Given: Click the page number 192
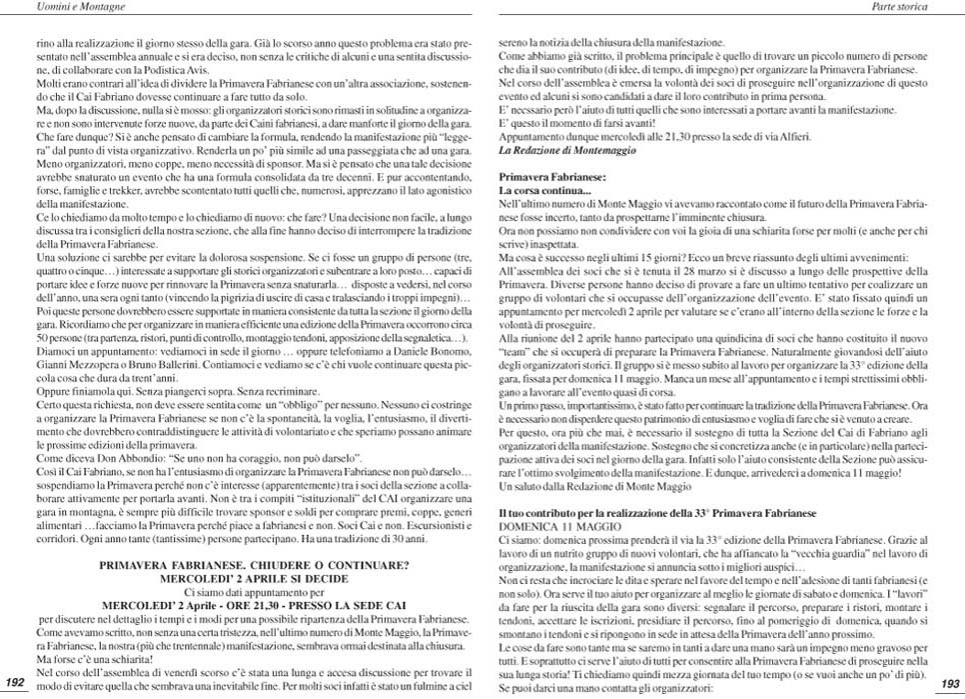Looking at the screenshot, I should pyautogui.click(x=14, y=682).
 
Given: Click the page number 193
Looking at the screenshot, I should pyautogui.click(x=950, y=682).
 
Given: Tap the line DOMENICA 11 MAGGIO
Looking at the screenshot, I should pyautogui.click(x=546, y=525).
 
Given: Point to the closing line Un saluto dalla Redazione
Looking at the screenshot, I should pyautogui.click(x=594, y=485).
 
